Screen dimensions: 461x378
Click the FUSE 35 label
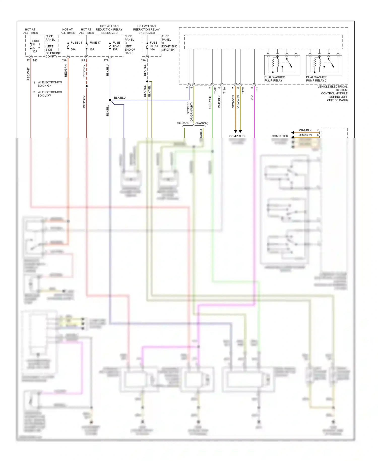click(76, 43)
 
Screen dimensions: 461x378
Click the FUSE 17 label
click(95, 43)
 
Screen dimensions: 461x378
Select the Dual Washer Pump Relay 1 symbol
click(282, 65)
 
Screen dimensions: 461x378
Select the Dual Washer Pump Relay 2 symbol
click(324, 65)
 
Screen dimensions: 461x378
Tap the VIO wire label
click(252, 98)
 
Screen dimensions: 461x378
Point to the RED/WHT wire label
click(28, 74)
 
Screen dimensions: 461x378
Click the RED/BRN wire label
click(66, 71)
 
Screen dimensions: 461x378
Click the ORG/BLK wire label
click(305, 130)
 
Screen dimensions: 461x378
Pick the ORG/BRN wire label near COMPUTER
click(305, 135)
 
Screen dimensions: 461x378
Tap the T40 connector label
click(35, 60)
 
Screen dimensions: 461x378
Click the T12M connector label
click(243, 90)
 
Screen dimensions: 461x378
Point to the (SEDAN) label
click(183, 123)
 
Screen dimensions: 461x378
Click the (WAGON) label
click(202, 123)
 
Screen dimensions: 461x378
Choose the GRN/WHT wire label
click(210, 102)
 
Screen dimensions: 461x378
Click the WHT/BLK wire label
click(219, 102)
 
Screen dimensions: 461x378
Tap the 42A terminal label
click(106, 60)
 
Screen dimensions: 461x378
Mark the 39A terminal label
click(143, 60)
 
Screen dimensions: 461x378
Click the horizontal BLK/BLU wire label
click(120, 98)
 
